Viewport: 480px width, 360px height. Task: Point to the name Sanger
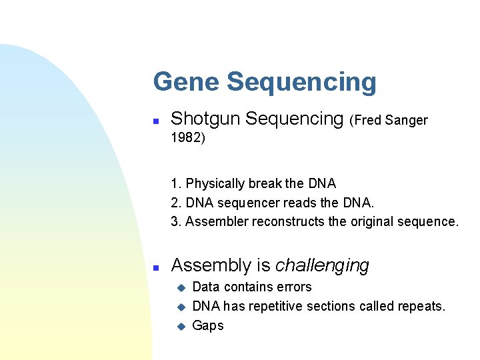[x=405, y=121]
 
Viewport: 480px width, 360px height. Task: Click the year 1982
[x=186, y=139]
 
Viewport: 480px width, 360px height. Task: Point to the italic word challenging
[x=322, y=266]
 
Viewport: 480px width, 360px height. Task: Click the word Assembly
[x=211, y=266]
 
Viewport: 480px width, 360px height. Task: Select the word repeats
[x=421, y=307]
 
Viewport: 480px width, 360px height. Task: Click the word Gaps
[x=208, y=326]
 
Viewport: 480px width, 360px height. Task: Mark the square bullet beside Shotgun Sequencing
[x=155, y=121]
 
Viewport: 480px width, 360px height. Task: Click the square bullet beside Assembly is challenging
[x=155, y=267]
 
